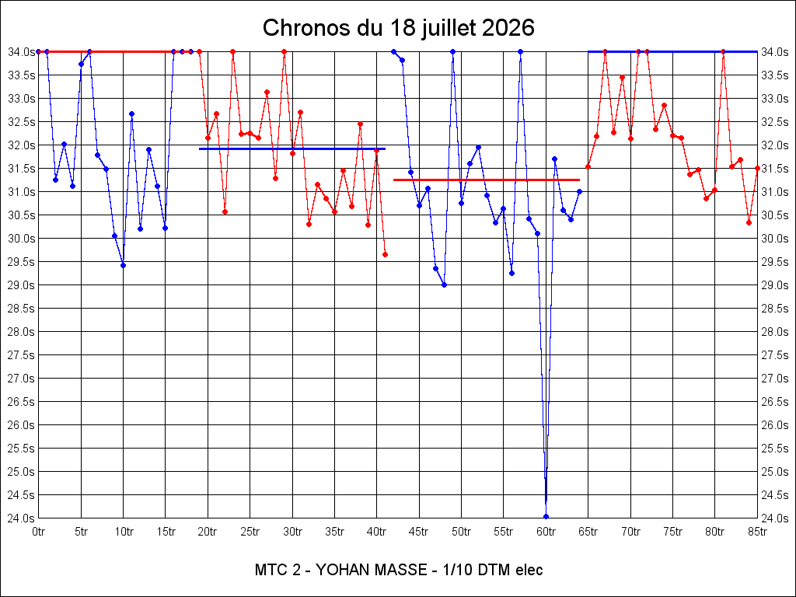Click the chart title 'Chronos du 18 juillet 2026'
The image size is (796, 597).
(x=399, y=28)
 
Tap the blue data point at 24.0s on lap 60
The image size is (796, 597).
(x=546, y=517)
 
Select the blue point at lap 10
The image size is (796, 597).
(x=123, y=266)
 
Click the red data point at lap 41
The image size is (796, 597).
(x=386, y=254)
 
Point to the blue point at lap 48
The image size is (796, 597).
(x=444, y=285)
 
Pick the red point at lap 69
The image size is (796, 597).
(x=622, y=77)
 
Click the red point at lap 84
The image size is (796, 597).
(x=749, y=222)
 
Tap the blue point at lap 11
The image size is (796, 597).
(x=131, y=113)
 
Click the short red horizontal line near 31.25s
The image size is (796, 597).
(x=487, y=180)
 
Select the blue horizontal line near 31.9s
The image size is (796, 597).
(x=292, y=148)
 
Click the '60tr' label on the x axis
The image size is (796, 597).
(x=546, y=532)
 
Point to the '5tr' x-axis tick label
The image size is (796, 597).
(x=81, y=532)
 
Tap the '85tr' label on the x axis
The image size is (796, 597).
(x=757, y=532)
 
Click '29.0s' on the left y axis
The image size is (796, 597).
(x=21, y=285)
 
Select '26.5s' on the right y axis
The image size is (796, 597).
(x=775, y=402)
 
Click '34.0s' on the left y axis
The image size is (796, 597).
(x=21, y=51)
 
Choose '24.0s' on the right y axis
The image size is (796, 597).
(x=775, y=518)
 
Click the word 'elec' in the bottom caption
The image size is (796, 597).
(x=529, y=570)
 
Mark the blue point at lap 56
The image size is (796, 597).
(x=511, y=273)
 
